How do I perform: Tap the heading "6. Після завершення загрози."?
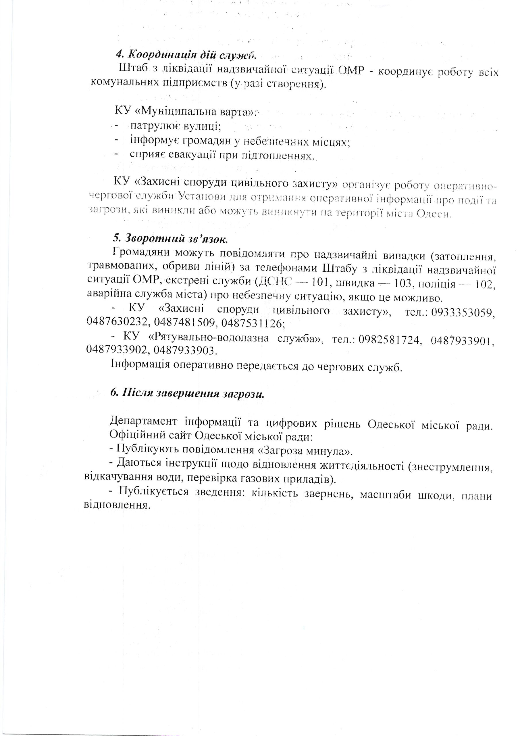pyautogui.click(x=187, y=393)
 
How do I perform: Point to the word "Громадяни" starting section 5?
pyautogui.click(x=141, y=254)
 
